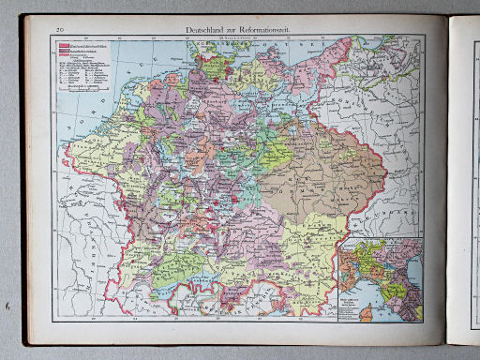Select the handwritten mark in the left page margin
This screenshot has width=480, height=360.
click(8, 307)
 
